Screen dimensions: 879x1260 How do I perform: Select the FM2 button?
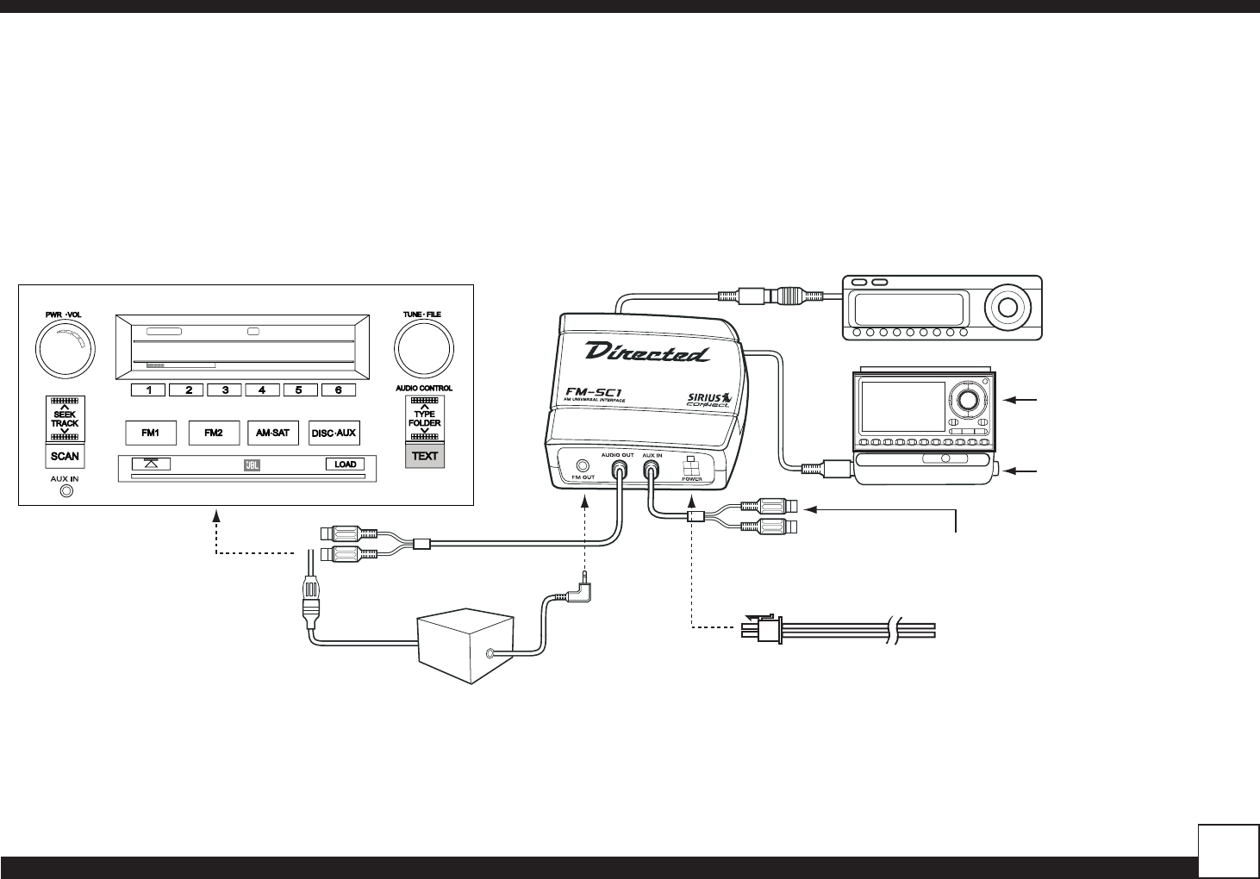(214, 433)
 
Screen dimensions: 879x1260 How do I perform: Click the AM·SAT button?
(273, 433)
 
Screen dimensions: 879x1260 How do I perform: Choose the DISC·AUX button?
(334, 433)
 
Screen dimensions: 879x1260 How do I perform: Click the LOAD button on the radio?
(345, 464)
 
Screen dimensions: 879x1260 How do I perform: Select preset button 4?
(262, 390)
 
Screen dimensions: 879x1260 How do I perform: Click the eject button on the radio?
(151, 464)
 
